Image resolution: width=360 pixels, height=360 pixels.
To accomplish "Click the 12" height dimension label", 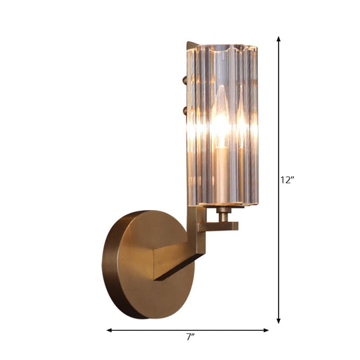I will [x=287, y=179].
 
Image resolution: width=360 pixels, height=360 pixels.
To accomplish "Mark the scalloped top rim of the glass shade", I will [x=220, y=49].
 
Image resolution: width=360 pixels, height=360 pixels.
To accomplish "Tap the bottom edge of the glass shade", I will [x=220, y=205].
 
